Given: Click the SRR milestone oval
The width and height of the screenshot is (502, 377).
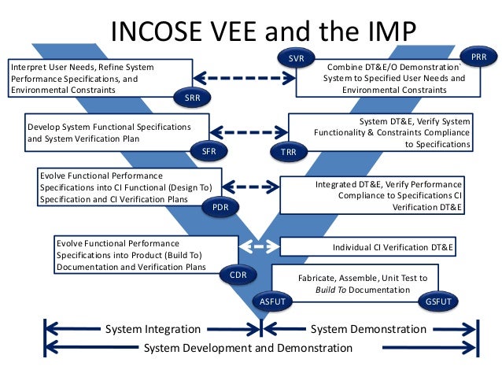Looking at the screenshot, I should pos(192,98).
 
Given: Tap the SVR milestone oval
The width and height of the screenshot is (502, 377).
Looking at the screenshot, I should pos(296,58).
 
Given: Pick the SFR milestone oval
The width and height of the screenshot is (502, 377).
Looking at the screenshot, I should pos(209,150).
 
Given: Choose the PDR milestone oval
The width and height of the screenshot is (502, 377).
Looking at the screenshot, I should pos(221,207).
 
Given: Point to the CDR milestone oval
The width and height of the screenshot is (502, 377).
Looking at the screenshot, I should pos(238,275).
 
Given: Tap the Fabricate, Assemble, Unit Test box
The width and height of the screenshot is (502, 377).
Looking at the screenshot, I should pos(352,284).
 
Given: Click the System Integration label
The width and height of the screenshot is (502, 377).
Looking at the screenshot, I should pos(153,329).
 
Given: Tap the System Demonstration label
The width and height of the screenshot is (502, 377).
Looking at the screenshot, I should pos(368,329).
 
